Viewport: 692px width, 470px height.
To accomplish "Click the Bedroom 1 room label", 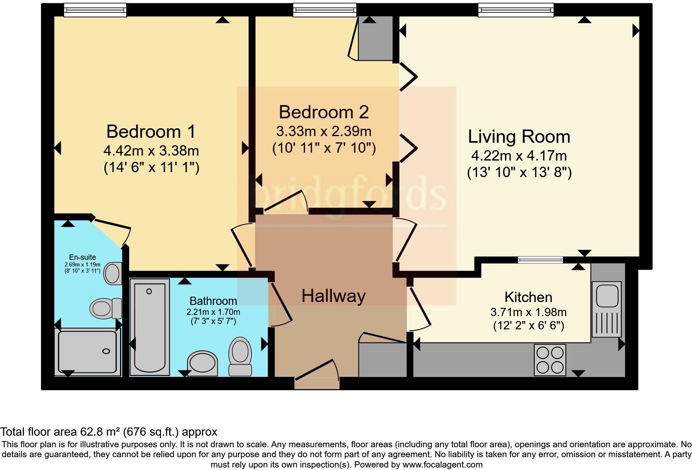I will coord(151,132).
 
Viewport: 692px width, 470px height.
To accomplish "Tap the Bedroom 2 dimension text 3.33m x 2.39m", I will coord(324,132).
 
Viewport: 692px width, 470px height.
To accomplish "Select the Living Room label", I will coord(519,137).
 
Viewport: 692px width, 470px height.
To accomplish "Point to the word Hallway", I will coord(334,296).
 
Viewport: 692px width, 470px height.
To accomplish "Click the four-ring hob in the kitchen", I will coord(550,360).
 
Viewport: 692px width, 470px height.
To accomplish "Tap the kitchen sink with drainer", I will coord(607,309).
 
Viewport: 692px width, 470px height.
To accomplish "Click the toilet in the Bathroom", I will coord(240,356).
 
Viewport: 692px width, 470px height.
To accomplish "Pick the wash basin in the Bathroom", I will coord(202,363).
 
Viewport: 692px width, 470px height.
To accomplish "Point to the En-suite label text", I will coord(82,257).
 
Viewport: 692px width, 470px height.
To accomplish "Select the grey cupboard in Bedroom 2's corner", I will coord(375,38).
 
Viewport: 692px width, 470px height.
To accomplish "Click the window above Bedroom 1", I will coord(95,10).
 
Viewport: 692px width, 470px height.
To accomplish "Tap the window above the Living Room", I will coord(516,10).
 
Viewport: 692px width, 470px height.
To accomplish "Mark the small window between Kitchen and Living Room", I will coord(540,260).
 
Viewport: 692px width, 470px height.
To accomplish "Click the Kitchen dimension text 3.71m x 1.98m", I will coord(529,312).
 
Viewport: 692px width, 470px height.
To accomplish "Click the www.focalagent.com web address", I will coord(442,464).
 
